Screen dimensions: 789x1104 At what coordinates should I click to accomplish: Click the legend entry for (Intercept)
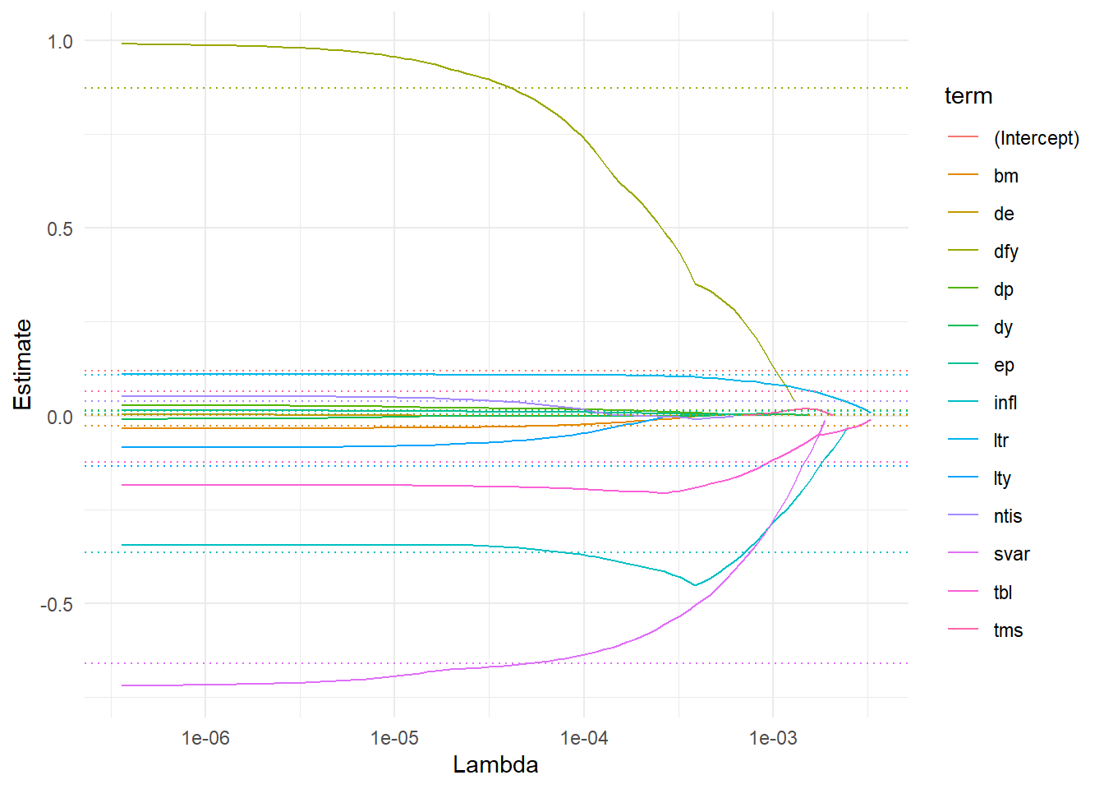(1036, 138)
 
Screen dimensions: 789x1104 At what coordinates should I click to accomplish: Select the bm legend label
(1005, 176)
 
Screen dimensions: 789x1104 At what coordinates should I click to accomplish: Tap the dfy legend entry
(1005, 251)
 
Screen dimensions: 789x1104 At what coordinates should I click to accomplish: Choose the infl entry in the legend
(1005, 403)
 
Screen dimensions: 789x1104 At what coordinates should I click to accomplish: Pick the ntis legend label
(1007, 516)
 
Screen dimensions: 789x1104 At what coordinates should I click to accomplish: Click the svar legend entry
(1011, 554)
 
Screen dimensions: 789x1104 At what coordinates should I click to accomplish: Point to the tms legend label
(1008, 630)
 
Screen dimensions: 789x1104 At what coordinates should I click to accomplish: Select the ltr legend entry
(1000, 441)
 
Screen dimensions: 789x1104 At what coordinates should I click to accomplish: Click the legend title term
(968, 96)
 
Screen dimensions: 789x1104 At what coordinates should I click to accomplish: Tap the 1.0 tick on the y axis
(60, 42)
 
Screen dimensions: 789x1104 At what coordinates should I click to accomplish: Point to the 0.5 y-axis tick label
(60, 229)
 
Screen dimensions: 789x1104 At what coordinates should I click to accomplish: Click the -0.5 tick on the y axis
(57, 605)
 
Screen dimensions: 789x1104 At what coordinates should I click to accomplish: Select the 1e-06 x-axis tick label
(205, 738)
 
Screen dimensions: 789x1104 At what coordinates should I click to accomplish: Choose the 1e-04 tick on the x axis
(584, 738)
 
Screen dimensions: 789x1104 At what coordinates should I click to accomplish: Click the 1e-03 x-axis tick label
(773, 738)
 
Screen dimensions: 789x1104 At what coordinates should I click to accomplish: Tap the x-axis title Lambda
(495, 765)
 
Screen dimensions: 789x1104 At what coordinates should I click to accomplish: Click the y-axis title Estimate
(23, 364)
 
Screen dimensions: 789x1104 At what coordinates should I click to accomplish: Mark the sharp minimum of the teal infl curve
(695, 585)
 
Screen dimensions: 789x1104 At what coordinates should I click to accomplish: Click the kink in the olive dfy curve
(696, 284)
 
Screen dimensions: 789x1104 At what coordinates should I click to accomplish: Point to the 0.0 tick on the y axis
(60, 418)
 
